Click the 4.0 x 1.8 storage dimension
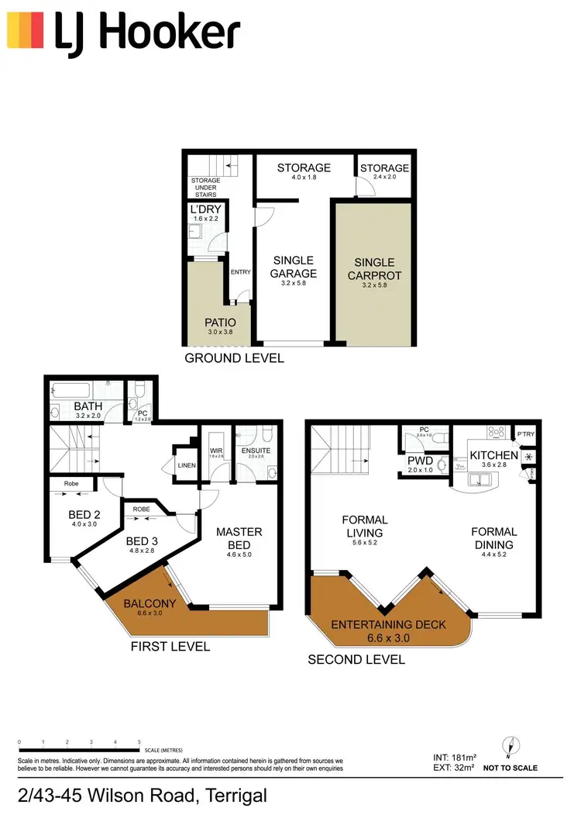pos(304,178)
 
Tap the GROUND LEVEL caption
pos(234,357)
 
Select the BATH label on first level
pos(88,406)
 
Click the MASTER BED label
pos(239,537)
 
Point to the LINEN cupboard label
pos(187,465)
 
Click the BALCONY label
pos(139,603)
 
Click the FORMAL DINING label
pos(494,537)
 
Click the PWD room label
pos(419,460)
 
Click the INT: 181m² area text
pos(455,756)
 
